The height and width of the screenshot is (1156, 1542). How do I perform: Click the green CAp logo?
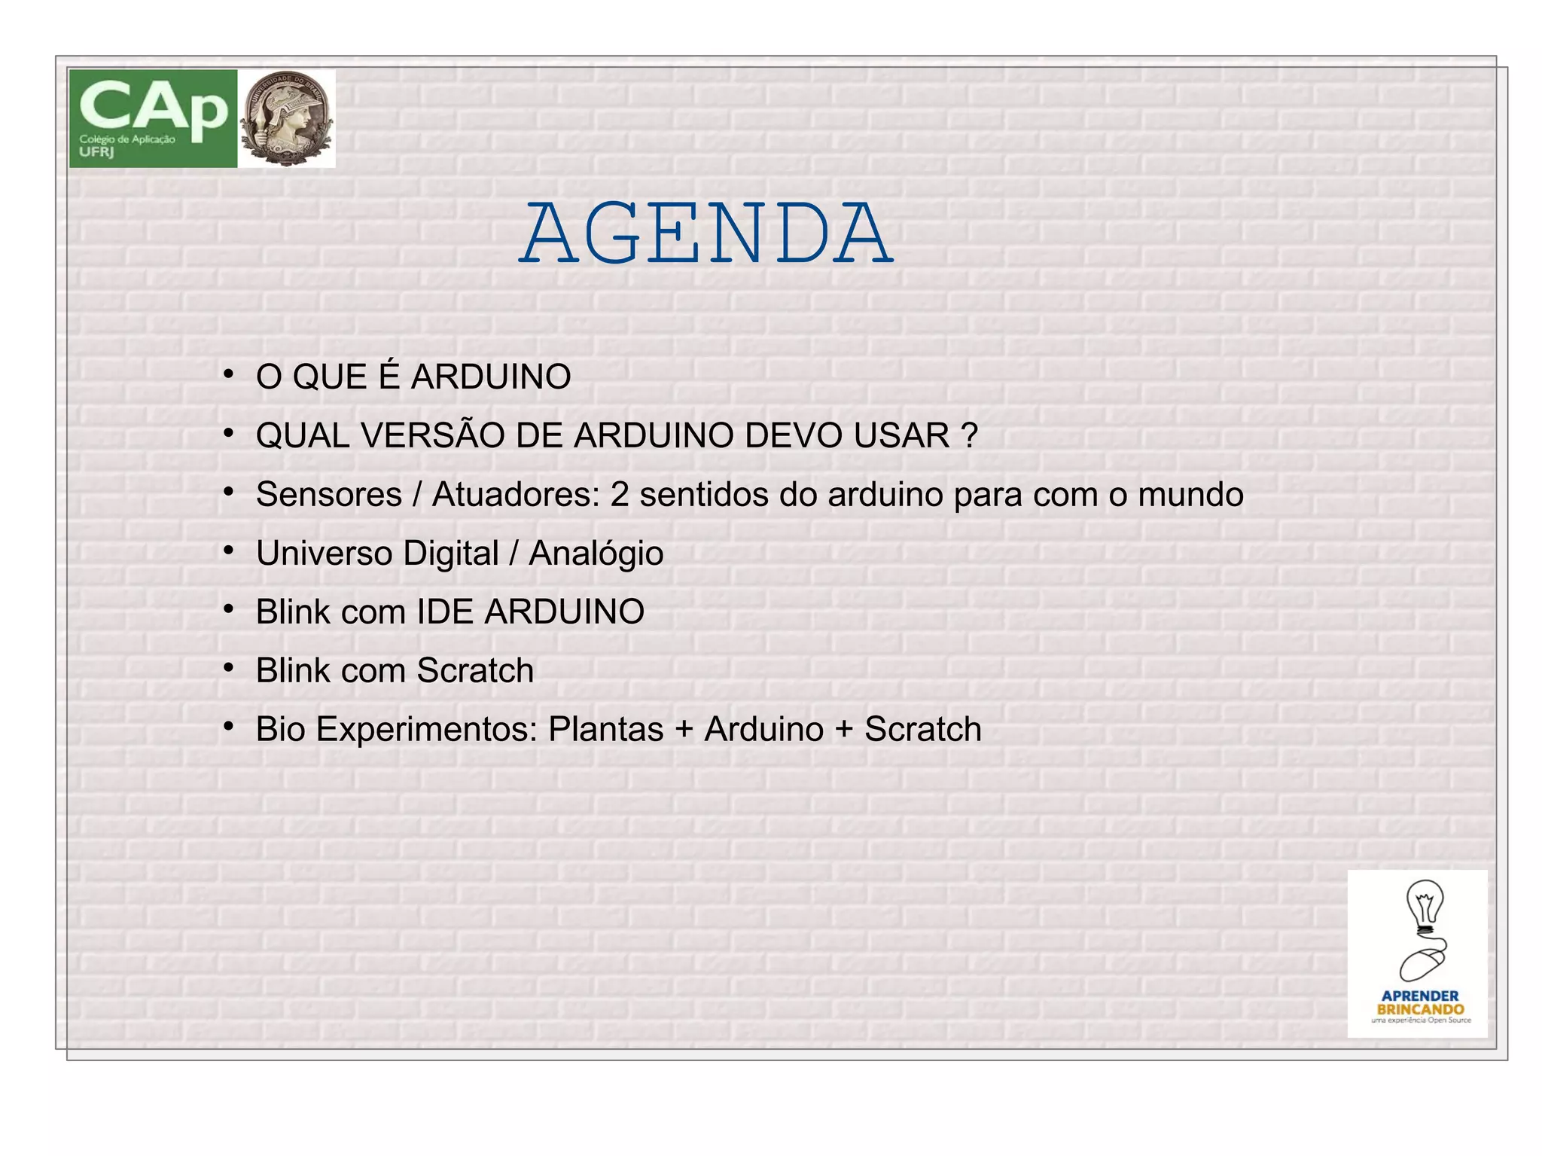point(153,118)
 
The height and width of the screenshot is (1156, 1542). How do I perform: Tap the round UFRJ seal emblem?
point(287,118)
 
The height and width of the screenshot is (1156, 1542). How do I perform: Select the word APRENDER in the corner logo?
point(1419,996)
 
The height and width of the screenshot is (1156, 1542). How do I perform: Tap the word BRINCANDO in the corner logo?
point(1420,1009)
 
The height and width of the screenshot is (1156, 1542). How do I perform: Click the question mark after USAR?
point(970,436)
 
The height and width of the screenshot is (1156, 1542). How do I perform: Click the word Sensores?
point(329,495)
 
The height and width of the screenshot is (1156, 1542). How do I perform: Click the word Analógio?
point(596,554)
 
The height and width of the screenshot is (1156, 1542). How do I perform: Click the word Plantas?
point(605,729)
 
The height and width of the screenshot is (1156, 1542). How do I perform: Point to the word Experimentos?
point(426,730)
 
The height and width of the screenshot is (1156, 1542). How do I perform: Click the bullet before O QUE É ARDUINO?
point(228,374)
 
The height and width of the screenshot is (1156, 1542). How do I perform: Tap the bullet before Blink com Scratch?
point(228,668)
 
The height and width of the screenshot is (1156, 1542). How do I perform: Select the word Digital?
point(451,554)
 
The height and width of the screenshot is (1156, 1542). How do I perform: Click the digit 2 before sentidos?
point(620,495)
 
